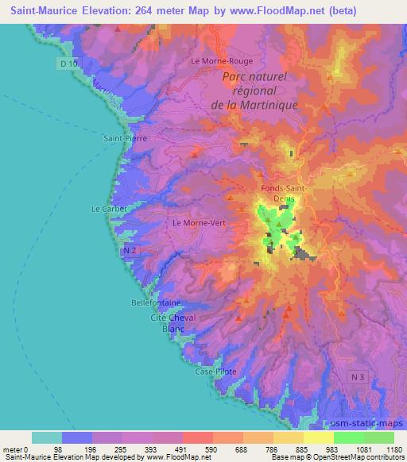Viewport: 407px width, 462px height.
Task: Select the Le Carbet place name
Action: tap(107, 209)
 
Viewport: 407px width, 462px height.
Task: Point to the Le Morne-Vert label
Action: tap(199, 223)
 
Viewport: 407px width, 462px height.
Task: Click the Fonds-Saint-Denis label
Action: tap(282, 193)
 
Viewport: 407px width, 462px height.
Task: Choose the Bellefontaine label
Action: tap(156, 303)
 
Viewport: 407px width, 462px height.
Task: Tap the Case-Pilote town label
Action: tap(215, 372)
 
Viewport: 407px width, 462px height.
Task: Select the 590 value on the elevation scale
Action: tap(211, 449)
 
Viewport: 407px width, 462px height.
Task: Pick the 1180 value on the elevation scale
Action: tap(393, 449)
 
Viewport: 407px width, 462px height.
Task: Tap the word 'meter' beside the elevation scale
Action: tap(13, 449)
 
